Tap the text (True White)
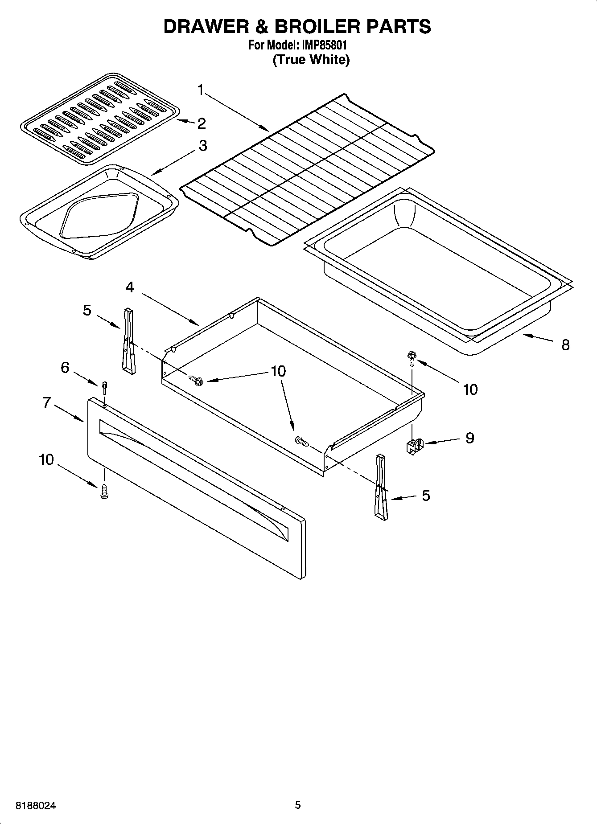(x=311, y=60)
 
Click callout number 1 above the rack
(x=201, y=90)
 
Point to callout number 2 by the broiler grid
(x=202, y=123)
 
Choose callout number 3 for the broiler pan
(x=203, y=145)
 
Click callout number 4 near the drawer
(x=129, y=287)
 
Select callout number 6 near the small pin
(x=65, y=368)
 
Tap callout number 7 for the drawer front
(x=47, y=402)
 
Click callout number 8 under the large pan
(x=565, y=344)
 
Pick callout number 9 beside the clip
(x=469, y=438)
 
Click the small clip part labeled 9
(x=414, y=446)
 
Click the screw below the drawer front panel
(x=105, y=492)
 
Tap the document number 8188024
(x=36, y=806)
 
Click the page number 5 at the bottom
(x=298, y=805)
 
